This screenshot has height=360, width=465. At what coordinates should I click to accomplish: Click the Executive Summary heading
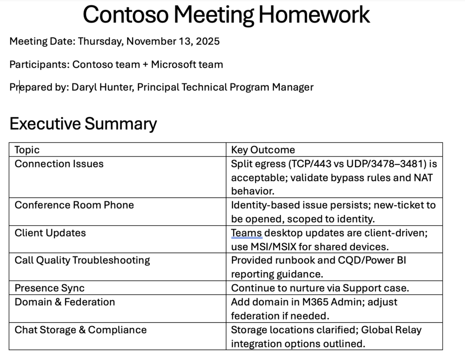[x=83, y=123]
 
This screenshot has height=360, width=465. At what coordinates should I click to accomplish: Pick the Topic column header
[x=27, y=150]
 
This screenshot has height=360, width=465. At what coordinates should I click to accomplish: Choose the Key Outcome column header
[x=263, y=150]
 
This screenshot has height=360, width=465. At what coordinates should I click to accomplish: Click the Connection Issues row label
[x=59, y=164]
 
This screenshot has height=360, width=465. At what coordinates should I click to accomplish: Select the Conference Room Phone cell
[x=74, y=205]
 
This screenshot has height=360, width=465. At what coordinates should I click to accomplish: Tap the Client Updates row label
[x=50, y=233]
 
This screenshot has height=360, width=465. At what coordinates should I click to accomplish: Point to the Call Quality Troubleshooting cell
[x=82, y=261]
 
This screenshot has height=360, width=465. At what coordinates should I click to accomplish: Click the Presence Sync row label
[x=49, y=288]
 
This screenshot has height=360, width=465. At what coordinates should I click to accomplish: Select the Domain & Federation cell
[x=64, y=302]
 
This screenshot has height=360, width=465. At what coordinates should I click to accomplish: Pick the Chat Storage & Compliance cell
[x=80, y=330]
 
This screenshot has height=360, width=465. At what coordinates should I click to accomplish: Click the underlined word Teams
[x=247, y=233]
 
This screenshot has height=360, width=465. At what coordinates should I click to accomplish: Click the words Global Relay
[x=391, y=330]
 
